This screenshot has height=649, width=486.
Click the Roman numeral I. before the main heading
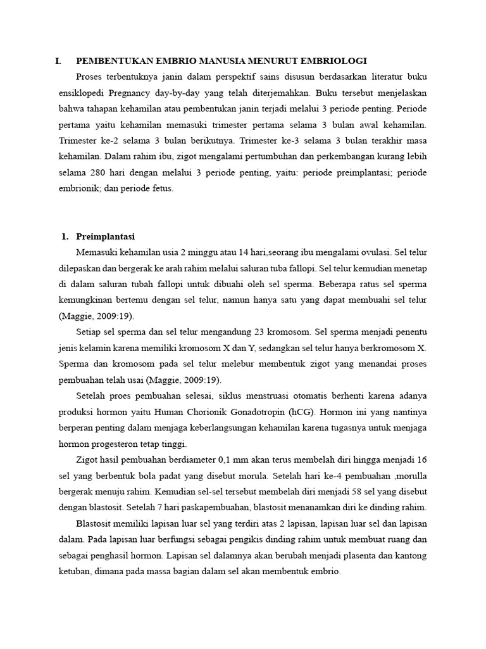(58, 61)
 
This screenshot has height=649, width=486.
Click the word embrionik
(77, 188)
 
